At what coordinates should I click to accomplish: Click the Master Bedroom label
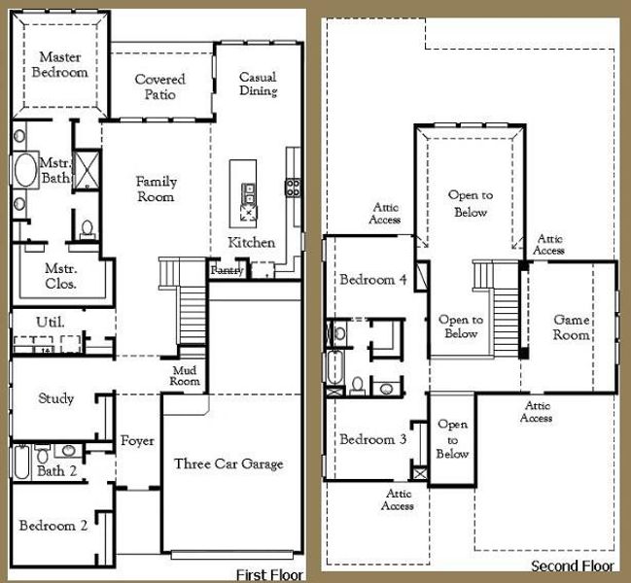tap(59, 64)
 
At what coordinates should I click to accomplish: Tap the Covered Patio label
tap(160, 86)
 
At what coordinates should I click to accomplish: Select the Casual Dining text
tap(259, 84)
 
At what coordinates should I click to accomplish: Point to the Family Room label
tap(156, 189)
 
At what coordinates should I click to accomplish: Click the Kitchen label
tap(251, 242)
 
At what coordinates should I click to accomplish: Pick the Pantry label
tap(227, 270)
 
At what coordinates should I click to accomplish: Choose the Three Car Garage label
tap(228, 463)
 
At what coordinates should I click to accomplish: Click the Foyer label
tap(137, 441)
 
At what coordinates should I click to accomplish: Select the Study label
tap(55, 398)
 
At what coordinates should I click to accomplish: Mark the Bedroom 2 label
tap(53, 526)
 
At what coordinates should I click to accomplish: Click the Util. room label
tap(50, 322)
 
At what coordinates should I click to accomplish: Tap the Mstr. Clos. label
tap(60, 277)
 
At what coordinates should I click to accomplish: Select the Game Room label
tap(572, 326)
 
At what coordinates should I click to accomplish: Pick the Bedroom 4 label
tap(372, 280)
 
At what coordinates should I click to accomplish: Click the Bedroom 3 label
tap(372, 439)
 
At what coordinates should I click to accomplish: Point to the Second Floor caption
tap(572, 565)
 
